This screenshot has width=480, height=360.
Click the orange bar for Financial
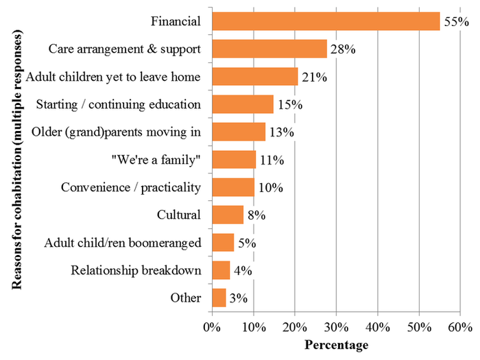pos(326,21)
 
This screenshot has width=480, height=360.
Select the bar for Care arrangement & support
pos(269,49)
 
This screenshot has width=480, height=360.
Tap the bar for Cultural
pos(228,215)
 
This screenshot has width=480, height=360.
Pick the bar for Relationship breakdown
pos(221,270)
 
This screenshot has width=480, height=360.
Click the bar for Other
pos(219,298)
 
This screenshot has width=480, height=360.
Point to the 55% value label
pos(455,22)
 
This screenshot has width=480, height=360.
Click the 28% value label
pos(343,49)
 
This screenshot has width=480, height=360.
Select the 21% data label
pos(314,77)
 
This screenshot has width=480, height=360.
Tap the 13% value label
pos(280,132)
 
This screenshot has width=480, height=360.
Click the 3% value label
pos(238,298)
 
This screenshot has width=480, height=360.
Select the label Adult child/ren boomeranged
pos(122,243)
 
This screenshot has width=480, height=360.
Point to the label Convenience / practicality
pos(131,187)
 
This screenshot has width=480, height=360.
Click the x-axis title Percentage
pos(336,344)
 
